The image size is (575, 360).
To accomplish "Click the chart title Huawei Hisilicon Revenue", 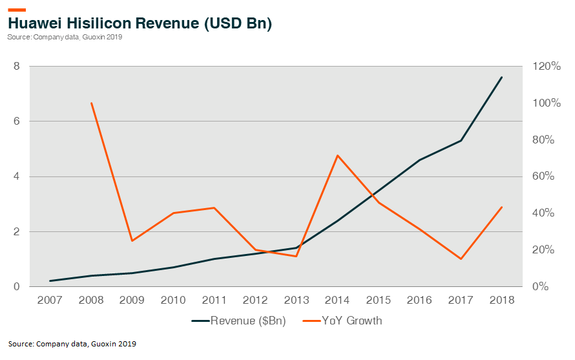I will click(x=139, y=23).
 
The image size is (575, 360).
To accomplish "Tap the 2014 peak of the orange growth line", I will click(x=337, y=155).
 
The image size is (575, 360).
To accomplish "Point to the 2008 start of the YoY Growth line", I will click(x=91, y=103).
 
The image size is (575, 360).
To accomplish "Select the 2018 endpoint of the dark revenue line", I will click(x=501, y=78).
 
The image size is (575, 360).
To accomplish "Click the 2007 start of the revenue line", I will click(x=50, y=281).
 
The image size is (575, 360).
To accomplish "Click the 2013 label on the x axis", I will click(x=297, y=301).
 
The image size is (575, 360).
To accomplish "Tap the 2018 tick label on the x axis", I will click(x=501, y=301).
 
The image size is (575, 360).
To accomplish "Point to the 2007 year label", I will click(x=50, y=301).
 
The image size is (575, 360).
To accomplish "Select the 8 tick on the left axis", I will click(x=16, y=67).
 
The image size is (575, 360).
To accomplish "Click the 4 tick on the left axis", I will click(x=16, y=176).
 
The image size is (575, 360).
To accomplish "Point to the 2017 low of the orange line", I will click(x=461, y=259).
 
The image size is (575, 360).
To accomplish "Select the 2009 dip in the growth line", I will click(x=132, y=241).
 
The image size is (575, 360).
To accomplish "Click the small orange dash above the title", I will click(x=17, y=10).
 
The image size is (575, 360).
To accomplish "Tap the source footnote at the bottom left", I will click(x=72, y=343).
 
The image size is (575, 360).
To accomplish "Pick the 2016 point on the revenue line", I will click(x=419, y=160).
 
